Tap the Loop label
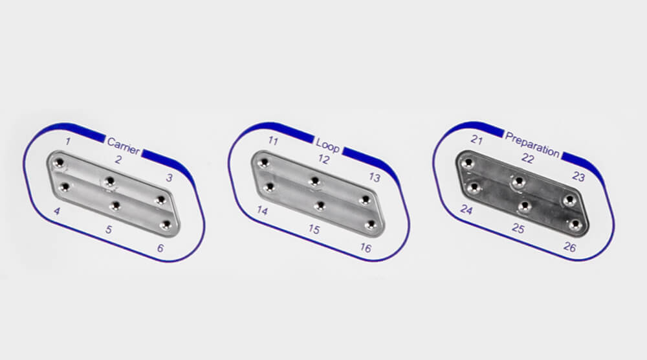[x=327, y=145]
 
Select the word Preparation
[x=532, y=144]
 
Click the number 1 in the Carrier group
[x=68, y=142]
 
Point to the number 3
[x=169, y=178]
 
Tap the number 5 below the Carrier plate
[x=109, y=229]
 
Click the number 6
[x=160, y=248]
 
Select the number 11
[x=273, y=141]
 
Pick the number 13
[x=374, y=177]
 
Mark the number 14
[x=262, y=210]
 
